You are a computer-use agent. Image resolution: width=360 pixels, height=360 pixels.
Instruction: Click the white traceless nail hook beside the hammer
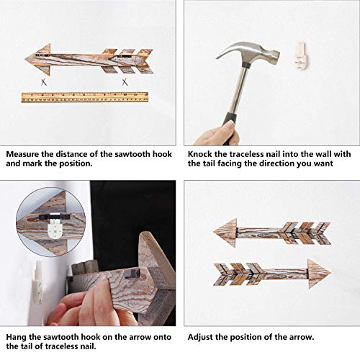[302, 53]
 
